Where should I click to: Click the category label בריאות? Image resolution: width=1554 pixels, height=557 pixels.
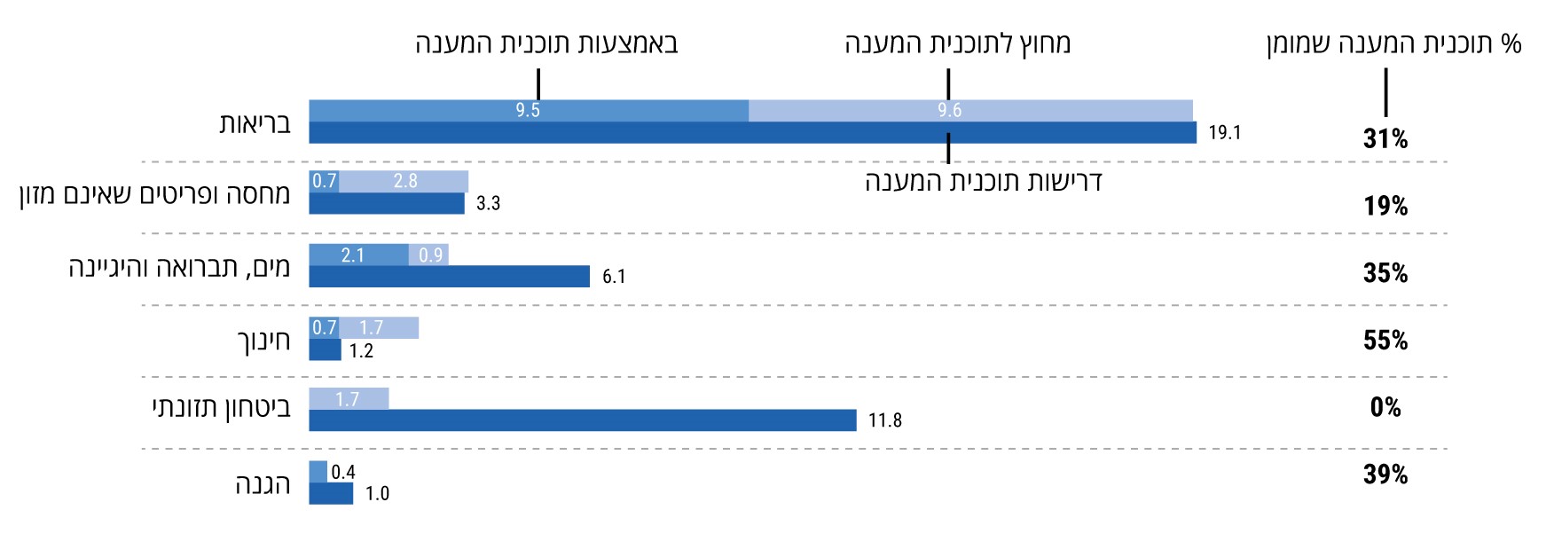(255, 123)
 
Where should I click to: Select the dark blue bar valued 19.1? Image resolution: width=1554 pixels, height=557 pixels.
(752, 133)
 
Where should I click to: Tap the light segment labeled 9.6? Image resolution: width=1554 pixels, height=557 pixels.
(970, 110)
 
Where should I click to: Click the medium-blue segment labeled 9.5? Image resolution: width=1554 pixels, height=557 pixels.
(528, 110)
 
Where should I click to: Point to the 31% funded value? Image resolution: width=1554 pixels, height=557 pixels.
(1385, 138)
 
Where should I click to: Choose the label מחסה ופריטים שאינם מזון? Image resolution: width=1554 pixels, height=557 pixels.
(155, 194)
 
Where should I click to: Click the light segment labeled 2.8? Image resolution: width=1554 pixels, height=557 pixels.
(404, 181)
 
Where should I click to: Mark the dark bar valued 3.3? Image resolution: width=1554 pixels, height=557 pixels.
(387, 203)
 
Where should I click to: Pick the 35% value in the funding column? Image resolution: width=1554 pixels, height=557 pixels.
(1385, 272)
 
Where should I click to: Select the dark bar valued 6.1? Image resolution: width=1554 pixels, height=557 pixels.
(449, 277)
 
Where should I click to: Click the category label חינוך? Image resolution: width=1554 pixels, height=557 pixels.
(263, 341)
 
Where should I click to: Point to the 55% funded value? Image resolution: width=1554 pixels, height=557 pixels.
(1385, 340)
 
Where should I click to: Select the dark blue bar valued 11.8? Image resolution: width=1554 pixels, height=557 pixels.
(583, 420)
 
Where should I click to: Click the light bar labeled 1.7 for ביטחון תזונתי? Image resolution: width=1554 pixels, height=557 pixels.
(349, 399)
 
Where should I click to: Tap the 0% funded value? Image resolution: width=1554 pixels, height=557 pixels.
(1385, 407)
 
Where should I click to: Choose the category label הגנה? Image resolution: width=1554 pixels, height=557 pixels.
(263, 484)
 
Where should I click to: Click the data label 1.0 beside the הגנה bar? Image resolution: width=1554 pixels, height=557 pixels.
(377, 494)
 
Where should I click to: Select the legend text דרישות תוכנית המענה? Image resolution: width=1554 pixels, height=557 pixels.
(983, 182)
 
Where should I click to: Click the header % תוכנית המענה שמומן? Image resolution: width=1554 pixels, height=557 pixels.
(1393, 43)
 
